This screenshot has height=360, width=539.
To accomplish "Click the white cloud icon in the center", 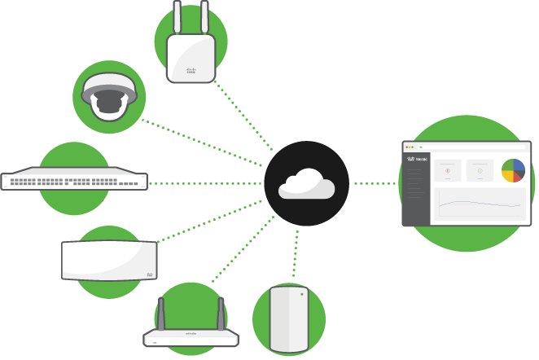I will tap(306, 185).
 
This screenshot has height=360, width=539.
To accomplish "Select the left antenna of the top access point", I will tap(178, 18).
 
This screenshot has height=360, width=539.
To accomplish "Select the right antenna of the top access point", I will tap(204, 18).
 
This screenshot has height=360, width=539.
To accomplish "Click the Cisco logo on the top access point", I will tap(191, 72).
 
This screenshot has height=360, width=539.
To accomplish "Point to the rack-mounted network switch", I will tap(74, 181).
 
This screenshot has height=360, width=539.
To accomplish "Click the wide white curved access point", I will tap(109, 261).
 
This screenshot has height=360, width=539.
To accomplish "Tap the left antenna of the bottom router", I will tap(160, 313).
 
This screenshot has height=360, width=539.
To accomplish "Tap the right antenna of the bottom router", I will tap(221, 313).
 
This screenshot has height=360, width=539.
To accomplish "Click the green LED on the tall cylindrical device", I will tap(301, 293).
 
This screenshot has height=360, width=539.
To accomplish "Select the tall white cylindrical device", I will tap(289, 322).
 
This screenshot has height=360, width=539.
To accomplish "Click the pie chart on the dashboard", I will tap(513, 170).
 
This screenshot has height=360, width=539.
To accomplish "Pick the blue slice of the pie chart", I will tap(519, 165).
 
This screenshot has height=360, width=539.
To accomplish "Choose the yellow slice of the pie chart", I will tap(507, 174).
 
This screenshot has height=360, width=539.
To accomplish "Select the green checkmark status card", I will tap(480, 170).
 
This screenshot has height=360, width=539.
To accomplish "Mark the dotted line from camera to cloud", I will tap(204, 139).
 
